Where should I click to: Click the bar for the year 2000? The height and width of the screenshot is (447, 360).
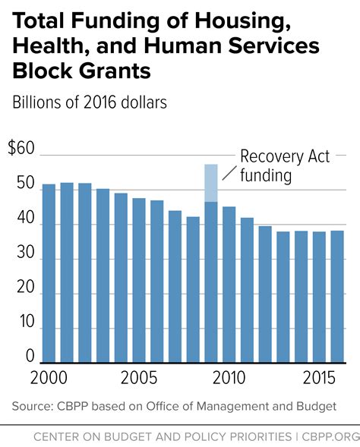[x=49, y=273]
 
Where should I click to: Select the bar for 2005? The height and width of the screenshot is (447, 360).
[x=139, y=280]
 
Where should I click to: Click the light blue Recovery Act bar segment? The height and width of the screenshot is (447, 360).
[x=210, y=183]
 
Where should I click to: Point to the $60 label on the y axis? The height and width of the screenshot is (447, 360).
[x=21, y=148]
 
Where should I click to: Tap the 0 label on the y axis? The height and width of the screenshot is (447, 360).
[x=30, y=357]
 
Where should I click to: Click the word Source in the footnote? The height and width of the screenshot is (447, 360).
[x=31, y=407]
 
